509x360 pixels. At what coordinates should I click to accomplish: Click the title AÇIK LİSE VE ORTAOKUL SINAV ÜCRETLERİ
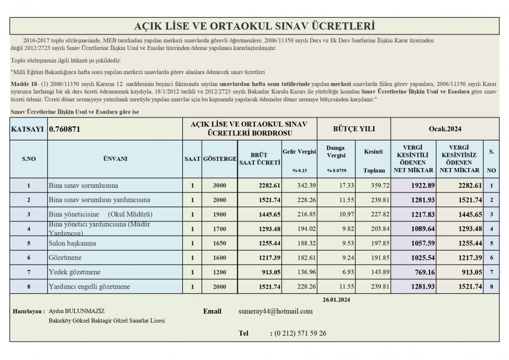point(254,26)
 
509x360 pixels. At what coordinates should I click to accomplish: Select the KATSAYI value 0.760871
point(64,129)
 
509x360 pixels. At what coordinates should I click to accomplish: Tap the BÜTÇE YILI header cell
point(354,129)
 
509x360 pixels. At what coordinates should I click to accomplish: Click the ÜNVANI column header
point(115,159)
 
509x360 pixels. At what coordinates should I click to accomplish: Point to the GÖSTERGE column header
point(219,159)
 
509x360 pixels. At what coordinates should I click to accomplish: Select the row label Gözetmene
point(65,258)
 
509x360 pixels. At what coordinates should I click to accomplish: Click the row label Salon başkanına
point(72,243)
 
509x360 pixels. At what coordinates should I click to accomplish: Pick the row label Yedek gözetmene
point(74,272)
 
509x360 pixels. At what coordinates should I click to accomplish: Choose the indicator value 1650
point(220,243)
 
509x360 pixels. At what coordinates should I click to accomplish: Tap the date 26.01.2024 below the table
point(337,299)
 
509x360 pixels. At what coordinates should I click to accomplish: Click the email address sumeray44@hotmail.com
point(275,311)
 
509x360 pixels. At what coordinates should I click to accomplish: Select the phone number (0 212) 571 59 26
point(300,334)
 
